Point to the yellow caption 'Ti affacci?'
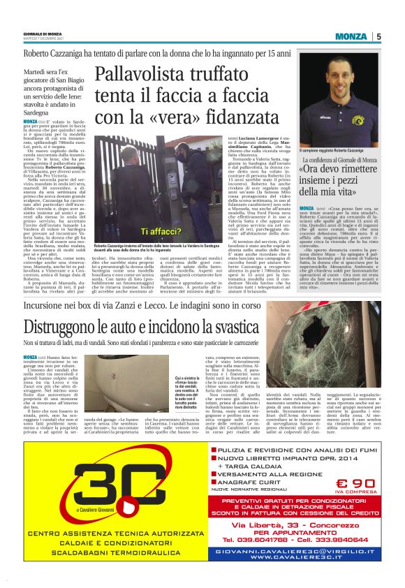[x=162, y=230]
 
